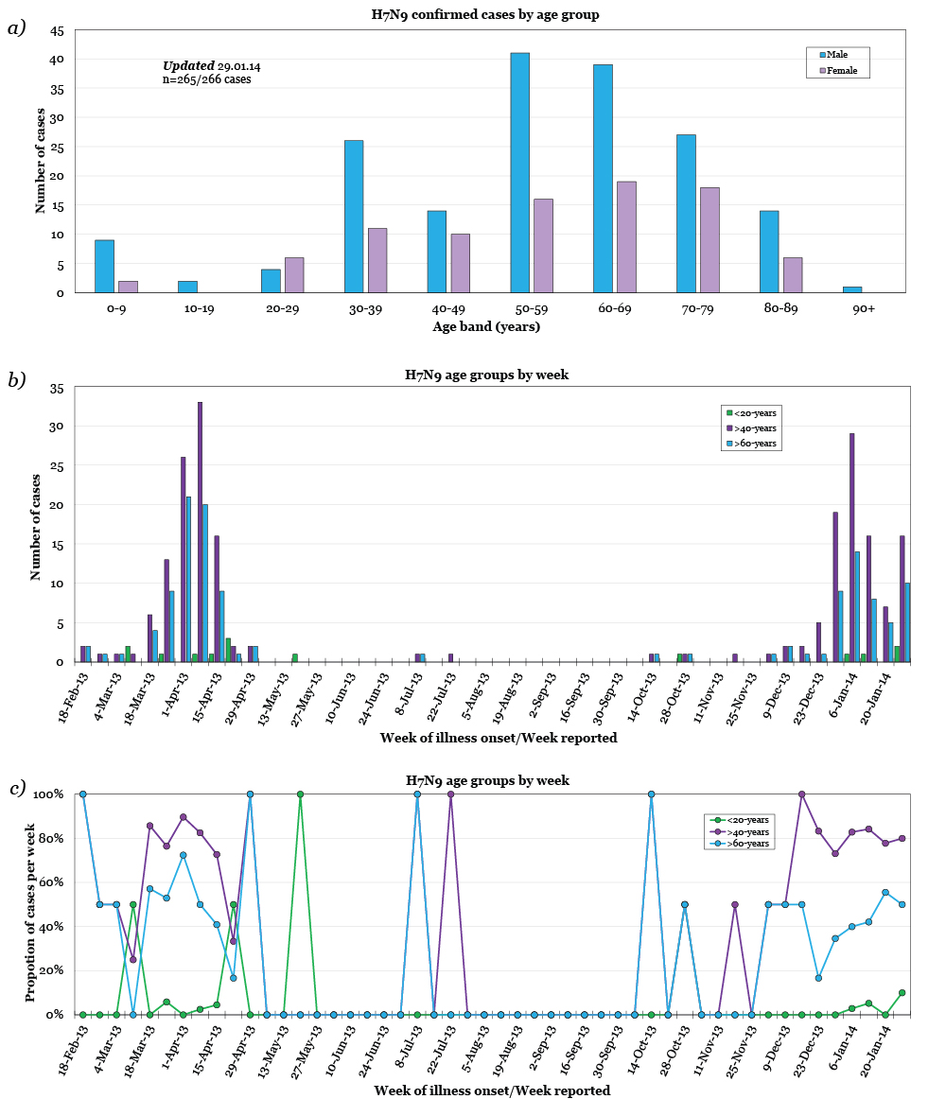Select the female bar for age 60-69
click(x=626, y=236)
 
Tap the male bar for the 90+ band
click(x=852, y=289)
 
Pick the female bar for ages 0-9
click(x=128, y=287)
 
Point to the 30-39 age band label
click(x=364, y=308)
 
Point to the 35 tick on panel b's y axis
click(x=57, y=389)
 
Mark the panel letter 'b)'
click(x=16, y=379)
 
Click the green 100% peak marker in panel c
click(x=300, y=794)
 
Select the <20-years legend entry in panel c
click(x=743, y=819)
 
